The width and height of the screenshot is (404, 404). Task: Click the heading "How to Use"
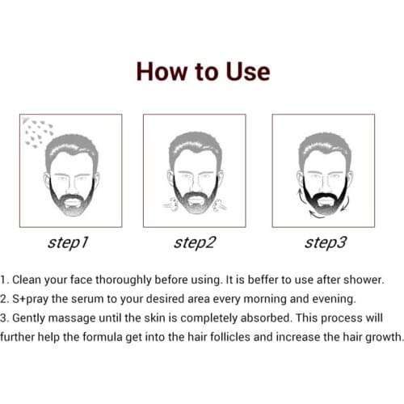(202, 71)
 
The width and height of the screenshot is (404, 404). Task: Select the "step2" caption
(195, 242)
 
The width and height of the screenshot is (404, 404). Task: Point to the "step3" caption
(324, 242)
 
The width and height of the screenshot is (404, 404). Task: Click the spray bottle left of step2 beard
(169, 204)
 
